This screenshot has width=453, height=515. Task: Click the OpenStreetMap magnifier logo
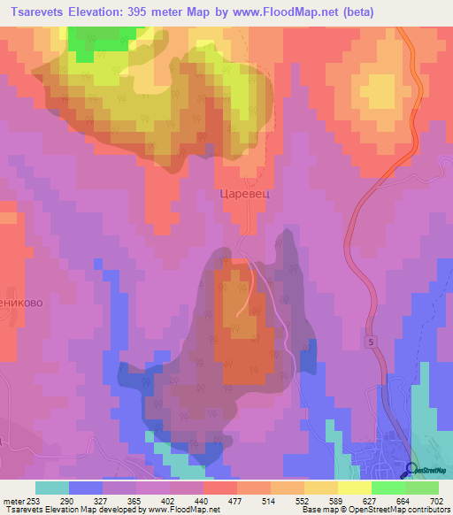(412, 471)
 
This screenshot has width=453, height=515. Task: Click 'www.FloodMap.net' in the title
(276, 12)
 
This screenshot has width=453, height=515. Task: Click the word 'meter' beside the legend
(13, 500)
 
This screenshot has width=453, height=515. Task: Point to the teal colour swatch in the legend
(52, 488)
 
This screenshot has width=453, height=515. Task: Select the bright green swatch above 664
(388, 488)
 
